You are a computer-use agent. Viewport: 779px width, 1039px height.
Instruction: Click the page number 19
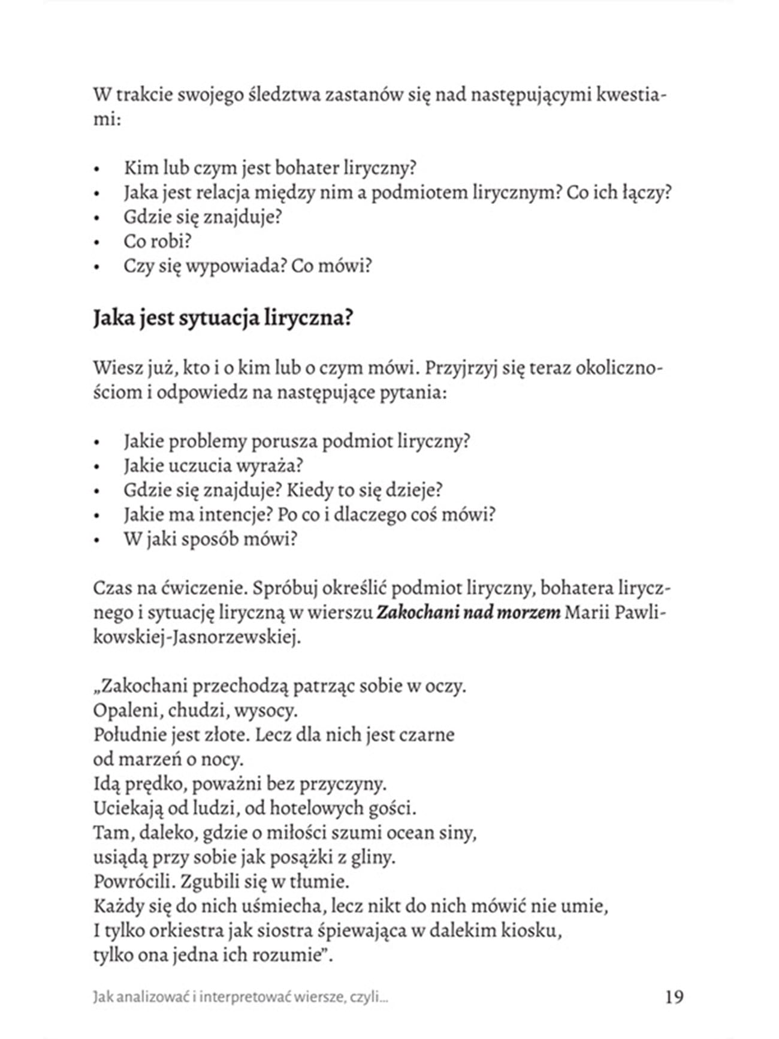[674, 996]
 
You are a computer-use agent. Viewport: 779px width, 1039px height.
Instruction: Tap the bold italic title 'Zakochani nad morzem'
[468, 612]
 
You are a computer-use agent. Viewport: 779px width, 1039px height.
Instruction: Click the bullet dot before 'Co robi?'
[96, 243]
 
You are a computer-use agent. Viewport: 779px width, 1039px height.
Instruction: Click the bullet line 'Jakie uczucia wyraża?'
[213, 465]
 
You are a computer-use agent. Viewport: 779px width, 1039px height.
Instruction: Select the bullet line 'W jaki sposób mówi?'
[210, 539]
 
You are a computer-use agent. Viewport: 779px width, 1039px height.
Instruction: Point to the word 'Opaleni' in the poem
[127, 710]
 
